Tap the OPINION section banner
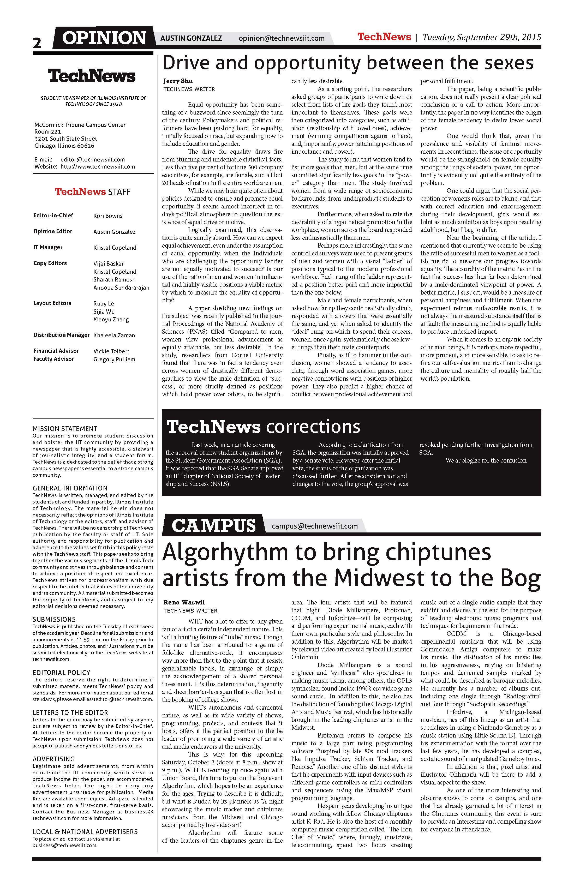pos(104,38)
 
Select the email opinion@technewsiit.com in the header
pos(282,38)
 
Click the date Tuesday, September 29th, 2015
pos(482,37)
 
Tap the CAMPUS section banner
pos(214,525)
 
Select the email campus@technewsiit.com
pos(315,526)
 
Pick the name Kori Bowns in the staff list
pos(108,216)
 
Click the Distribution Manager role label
pos(62,335)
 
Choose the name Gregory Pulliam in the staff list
pos(114,359)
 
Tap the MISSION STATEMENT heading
pos(65,429)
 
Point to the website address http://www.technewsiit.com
pos(97,167)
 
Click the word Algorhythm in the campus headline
pos(225,553)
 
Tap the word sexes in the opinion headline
pos(509,63)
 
